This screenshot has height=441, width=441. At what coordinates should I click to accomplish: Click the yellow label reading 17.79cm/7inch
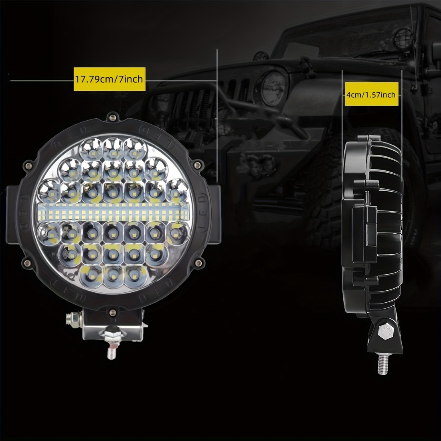tap(109, 79)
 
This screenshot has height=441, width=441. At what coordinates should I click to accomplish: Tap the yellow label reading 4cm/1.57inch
tap(372, 94)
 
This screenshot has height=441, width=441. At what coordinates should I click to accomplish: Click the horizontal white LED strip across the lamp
tap(113, 212)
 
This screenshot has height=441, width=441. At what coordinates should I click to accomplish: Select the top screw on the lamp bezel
tap(113, 117)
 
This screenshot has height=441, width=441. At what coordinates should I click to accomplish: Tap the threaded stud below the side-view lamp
tap(383, 364)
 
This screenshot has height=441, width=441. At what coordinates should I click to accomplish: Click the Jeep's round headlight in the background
tap(272, 89)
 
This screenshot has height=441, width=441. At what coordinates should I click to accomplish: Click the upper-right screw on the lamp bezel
tap(197, 164)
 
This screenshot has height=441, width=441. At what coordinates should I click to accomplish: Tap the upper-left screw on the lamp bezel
tap(28, 165)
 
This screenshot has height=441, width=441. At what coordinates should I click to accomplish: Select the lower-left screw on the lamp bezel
tap(27, 263)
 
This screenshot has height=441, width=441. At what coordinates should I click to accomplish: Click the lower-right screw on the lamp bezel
tap(198, 263)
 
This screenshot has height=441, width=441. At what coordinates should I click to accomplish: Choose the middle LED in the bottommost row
tap(113, 277)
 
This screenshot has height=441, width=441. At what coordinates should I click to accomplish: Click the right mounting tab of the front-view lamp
tap(214, 213)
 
